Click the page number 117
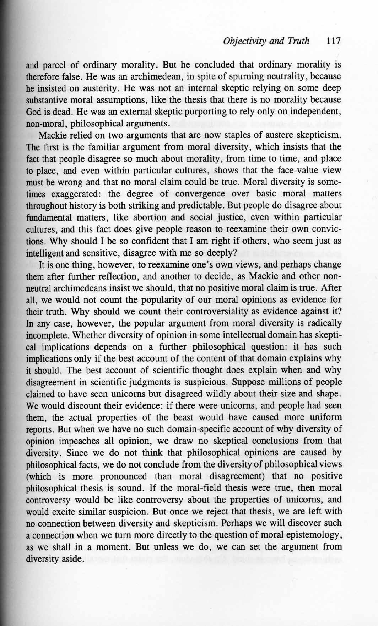(334, 41)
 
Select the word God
(34, 112)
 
